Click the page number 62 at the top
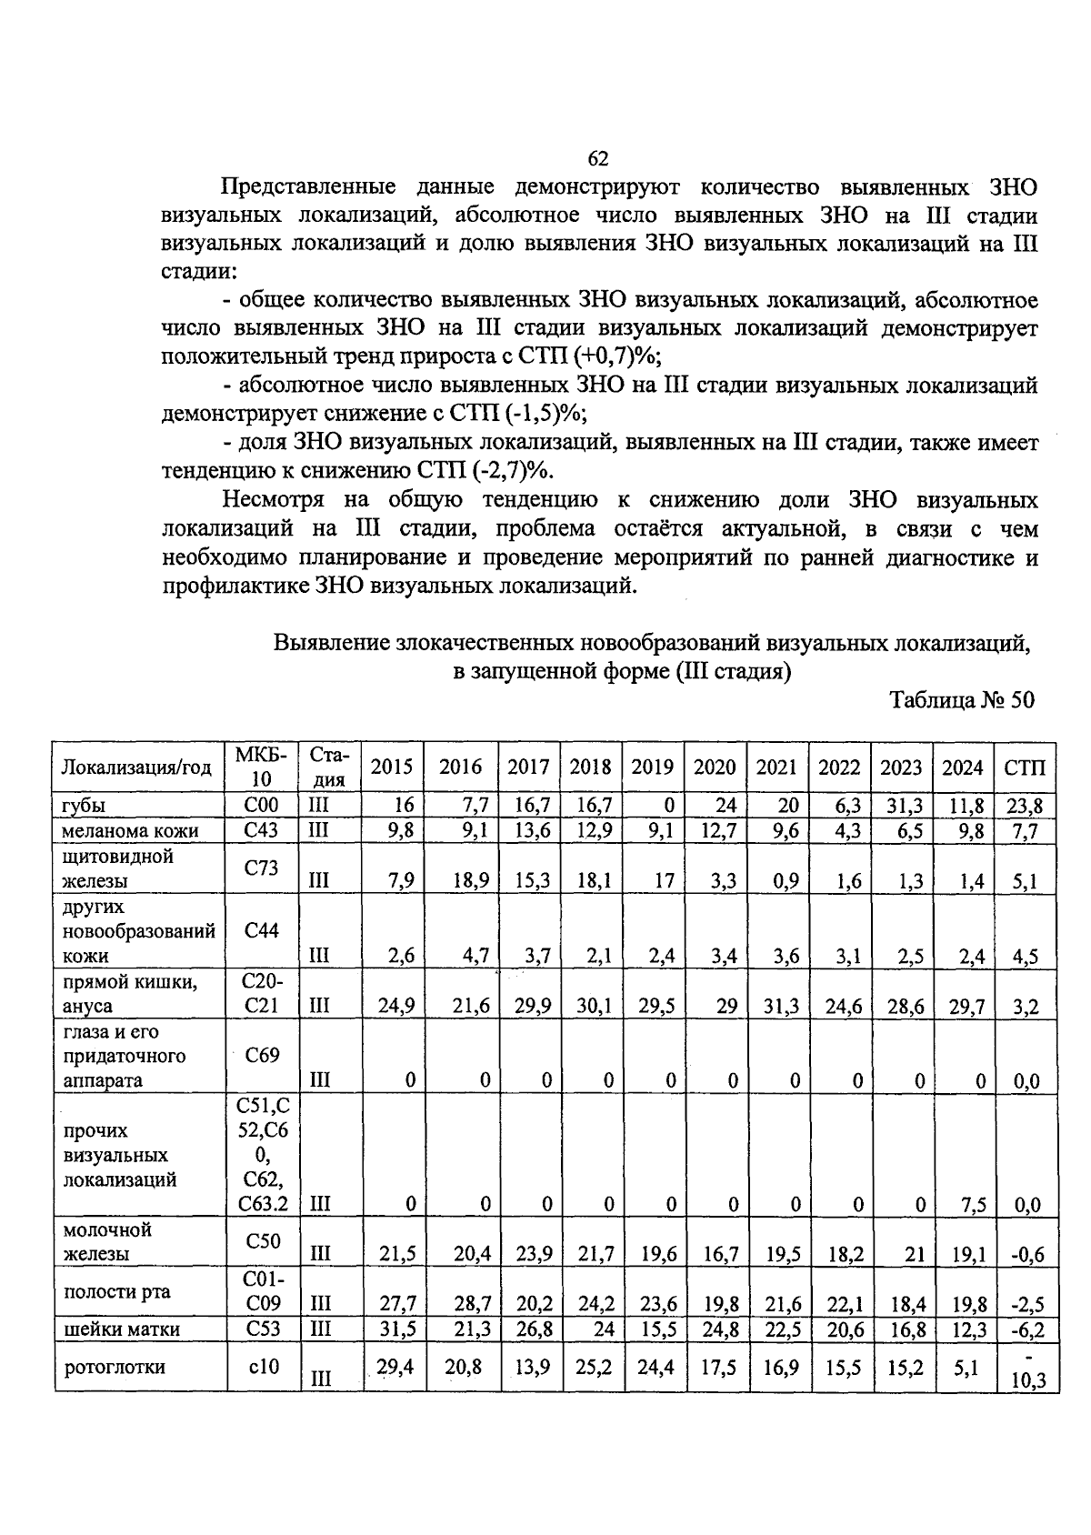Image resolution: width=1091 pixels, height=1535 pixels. pos(597,159)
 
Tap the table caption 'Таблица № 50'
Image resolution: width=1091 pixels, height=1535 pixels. pos(962,700)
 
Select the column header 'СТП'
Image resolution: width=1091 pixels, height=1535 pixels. pos(1025,767)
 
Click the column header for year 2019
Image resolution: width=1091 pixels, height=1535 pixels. pos(652,767)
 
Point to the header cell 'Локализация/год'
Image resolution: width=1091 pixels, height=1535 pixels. pos(136,767)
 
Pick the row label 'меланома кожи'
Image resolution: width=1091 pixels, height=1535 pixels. pos(130,830)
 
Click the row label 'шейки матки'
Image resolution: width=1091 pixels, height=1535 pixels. pos(121,1329)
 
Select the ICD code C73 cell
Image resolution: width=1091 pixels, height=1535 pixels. pos(262,868)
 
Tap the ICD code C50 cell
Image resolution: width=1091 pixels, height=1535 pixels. pos(262,1241)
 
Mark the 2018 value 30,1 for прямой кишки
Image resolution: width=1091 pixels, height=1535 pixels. pos(590,1006)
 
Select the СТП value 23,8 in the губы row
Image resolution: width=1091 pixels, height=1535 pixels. pos(1025,806)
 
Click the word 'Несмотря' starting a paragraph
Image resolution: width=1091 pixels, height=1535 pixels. pos(274,500)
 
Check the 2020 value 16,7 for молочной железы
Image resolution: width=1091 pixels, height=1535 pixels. pos(715,1255)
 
